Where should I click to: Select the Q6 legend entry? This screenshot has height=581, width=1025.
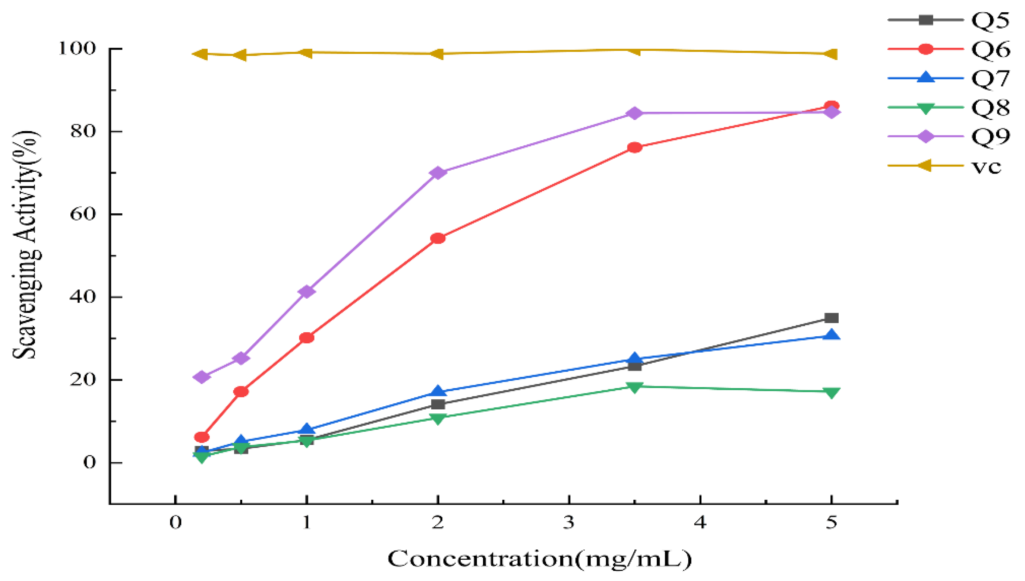949,49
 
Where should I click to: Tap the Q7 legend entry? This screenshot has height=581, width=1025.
949,78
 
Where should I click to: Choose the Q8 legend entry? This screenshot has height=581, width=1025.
949,107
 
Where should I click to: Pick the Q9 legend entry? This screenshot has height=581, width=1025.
949,136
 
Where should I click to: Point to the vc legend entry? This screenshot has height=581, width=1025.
945,166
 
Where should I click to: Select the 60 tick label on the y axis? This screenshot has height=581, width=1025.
83,214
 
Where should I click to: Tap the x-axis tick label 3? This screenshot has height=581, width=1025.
569,522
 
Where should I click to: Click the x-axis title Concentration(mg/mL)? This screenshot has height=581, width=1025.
539,559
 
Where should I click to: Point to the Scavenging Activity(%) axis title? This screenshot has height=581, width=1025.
26,244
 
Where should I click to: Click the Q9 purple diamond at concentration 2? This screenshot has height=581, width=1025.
438,173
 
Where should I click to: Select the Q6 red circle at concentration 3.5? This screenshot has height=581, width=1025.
634,147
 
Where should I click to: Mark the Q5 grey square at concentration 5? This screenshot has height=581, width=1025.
831,318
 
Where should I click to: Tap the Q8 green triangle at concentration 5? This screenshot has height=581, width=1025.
831,393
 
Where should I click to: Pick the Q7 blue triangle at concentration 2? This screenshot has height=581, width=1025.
438,391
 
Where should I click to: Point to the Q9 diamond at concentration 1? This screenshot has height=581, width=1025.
306,291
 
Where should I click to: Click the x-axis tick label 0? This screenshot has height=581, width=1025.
175,522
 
